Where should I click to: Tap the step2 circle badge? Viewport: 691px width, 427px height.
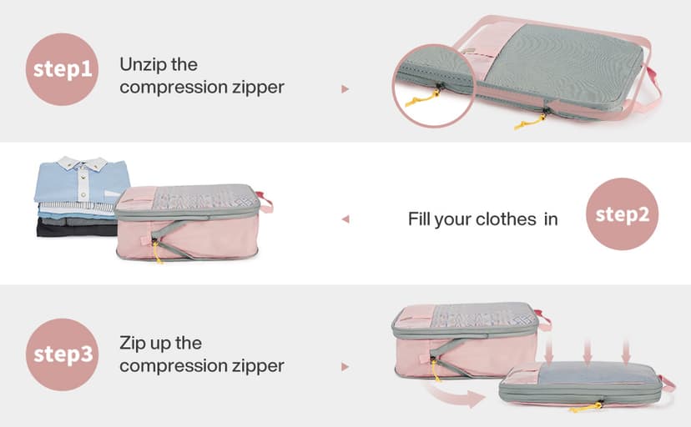[x=622, y=214]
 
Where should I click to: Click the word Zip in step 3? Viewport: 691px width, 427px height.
[x=134, y=343]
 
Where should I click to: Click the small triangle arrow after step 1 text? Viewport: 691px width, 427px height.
[x=345, y=88]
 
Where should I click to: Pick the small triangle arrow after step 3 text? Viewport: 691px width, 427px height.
[x=345, y=366]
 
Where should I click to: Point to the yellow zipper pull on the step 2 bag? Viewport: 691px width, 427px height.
[x=157, y=249]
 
